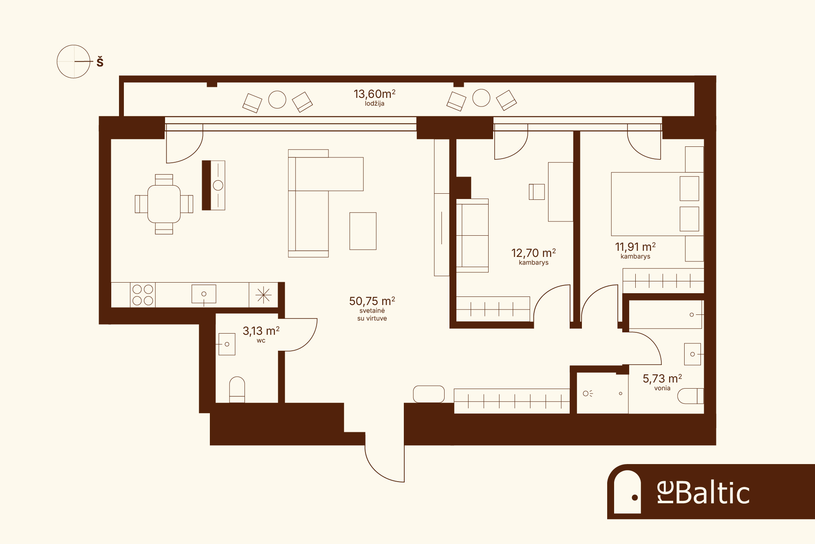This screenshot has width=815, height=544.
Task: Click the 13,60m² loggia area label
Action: (x=374, y=94)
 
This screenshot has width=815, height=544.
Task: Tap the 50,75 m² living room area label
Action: (x=372, y=301)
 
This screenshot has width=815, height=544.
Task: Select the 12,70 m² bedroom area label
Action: (x=533, y=253)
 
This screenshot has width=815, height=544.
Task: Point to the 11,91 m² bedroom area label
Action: (x=635, y=247)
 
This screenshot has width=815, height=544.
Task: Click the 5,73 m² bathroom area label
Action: (x=662, y=379)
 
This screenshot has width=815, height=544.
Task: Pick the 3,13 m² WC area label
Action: (x=261, y=331)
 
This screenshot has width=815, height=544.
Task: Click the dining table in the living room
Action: (x=164, y=204)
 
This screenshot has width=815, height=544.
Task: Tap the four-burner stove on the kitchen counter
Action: (x=143, y=295)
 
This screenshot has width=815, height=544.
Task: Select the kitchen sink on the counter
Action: (x=204, y=294)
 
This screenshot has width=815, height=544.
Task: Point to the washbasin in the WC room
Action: (x=227, y=344)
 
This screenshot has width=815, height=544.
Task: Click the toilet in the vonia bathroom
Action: (x=690, y=396)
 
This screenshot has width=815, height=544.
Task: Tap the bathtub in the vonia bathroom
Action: (x=665, y=314)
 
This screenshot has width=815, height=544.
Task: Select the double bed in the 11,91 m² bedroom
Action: (x=657, y=204)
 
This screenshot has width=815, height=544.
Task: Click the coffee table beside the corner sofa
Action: (x=363, y=231)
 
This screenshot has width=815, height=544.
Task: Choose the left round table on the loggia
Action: (x=277, y=100)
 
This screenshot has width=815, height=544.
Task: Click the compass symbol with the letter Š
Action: (x=73, y=62)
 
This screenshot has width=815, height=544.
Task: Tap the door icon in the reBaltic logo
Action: (x=627, y=492)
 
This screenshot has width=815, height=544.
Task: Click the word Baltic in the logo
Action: (x=713, y=493)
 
